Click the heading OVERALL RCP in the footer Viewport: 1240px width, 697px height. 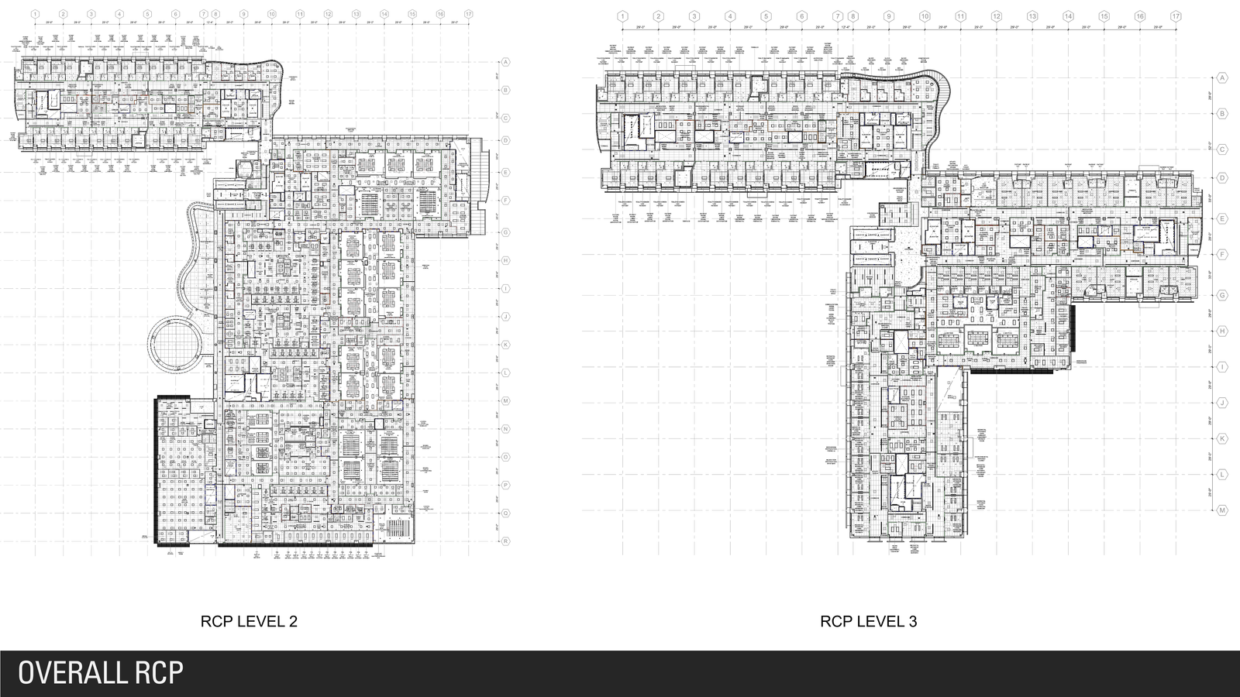(101, 672)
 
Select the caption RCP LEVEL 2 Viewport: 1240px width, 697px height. (249, 621)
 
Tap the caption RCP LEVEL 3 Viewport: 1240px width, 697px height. (869, 621)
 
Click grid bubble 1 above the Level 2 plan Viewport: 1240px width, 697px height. (36, 14)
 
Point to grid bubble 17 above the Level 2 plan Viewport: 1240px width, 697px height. (468, 14)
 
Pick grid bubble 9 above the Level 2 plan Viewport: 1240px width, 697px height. (243, 14)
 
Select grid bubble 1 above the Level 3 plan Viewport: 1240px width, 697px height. (622, 16)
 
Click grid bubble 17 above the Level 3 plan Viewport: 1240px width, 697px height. (1176, 16)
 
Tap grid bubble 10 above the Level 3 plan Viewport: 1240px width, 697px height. (925, 16)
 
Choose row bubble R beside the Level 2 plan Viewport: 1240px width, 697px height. (505, 541)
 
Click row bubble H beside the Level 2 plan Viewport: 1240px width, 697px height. (505, 260)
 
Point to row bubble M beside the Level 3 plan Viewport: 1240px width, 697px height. (1222, 510)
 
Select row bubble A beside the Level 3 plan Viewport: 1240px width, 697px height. (1222, 78)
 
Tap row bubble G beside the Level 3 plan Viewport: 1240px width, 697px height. (1222, 295)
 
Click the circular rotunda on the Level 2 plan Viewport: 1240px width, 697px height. (175, 343)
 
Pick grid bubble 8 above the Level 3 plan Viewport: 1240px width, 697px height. (852, 16)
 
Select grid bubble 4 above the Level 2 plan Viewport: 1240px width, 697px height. (119, 14)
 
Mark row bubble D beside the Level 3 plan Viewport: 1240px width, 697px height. (1222, 178)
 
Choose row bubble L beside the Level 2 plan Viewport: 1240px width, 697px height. (505, 373)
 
